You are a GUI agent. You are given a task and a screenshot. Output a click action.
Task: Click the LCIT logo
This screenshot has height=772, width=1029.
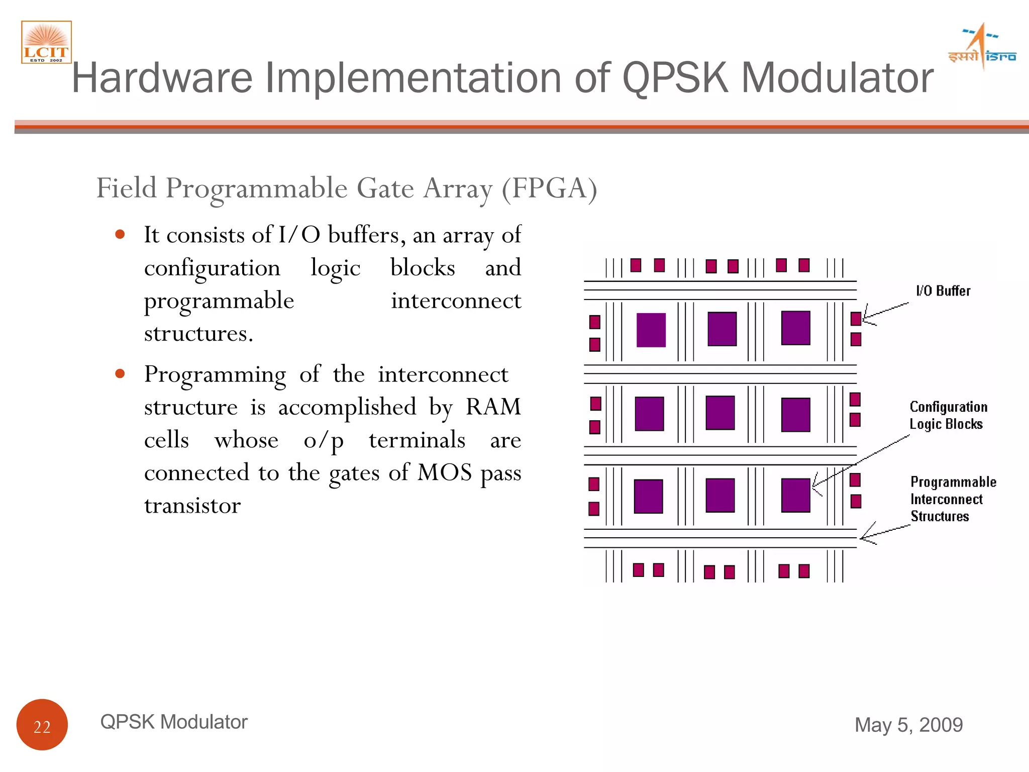tap(46, 42)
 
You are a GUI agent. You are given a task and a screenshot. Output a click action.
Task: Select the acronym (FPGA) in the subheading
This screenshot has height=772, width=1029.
tap(550, 188)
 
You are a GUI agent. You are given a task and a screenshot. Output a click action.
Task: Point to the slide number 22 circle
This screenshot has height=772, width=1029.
tap(42, 725)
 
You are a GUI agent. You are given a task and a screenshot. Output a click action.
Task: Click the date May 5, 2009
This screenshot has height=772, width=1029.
tap(908, 725)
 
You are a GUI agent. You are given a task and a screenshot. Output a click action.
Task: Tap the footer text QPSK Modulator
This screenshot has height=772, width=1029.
tap(174, 722)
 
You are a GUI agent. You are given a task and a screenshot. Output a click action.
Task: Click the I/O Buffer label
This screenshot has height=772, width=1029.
tap(943, 291)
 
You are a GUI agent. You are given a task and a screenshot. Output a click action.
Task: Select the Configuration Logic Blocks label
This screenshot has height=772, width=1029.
tap(948, 415)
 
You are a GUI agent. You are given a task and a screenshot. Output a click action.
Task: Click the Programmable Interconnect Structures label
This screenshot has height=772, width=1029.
tap(953, 499)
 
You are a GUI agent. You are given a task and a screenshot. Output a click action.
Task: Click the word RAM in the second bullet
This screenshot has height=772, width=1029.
tap(493, 407)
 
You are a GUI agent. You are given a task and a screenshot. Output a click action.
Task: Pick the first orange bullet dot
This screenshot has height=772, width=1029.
tap(120, 234)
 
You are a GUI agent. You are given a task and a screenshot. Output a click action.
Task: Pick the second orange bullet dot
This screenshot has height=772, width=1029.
tap(120, 373)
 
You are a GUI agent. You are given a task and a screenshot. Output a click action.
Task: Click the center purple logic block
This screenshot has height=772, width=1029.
tap(720, 413)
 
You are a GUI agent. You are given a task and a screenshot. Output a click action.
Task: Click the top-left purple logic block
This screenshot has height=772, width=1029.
tap(651, 330)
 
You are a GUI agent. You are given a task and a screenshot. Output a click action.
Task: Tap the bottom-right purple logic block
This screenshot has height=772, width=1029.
tap(795, 495)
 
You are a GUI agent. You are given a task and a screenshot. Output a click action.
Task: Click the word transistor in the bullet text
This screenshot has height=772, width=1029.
tap(192, 506)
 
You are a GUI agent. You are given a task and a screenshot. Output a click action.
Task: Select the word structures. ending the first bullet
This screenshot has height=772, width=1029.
tap(198, 333)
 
